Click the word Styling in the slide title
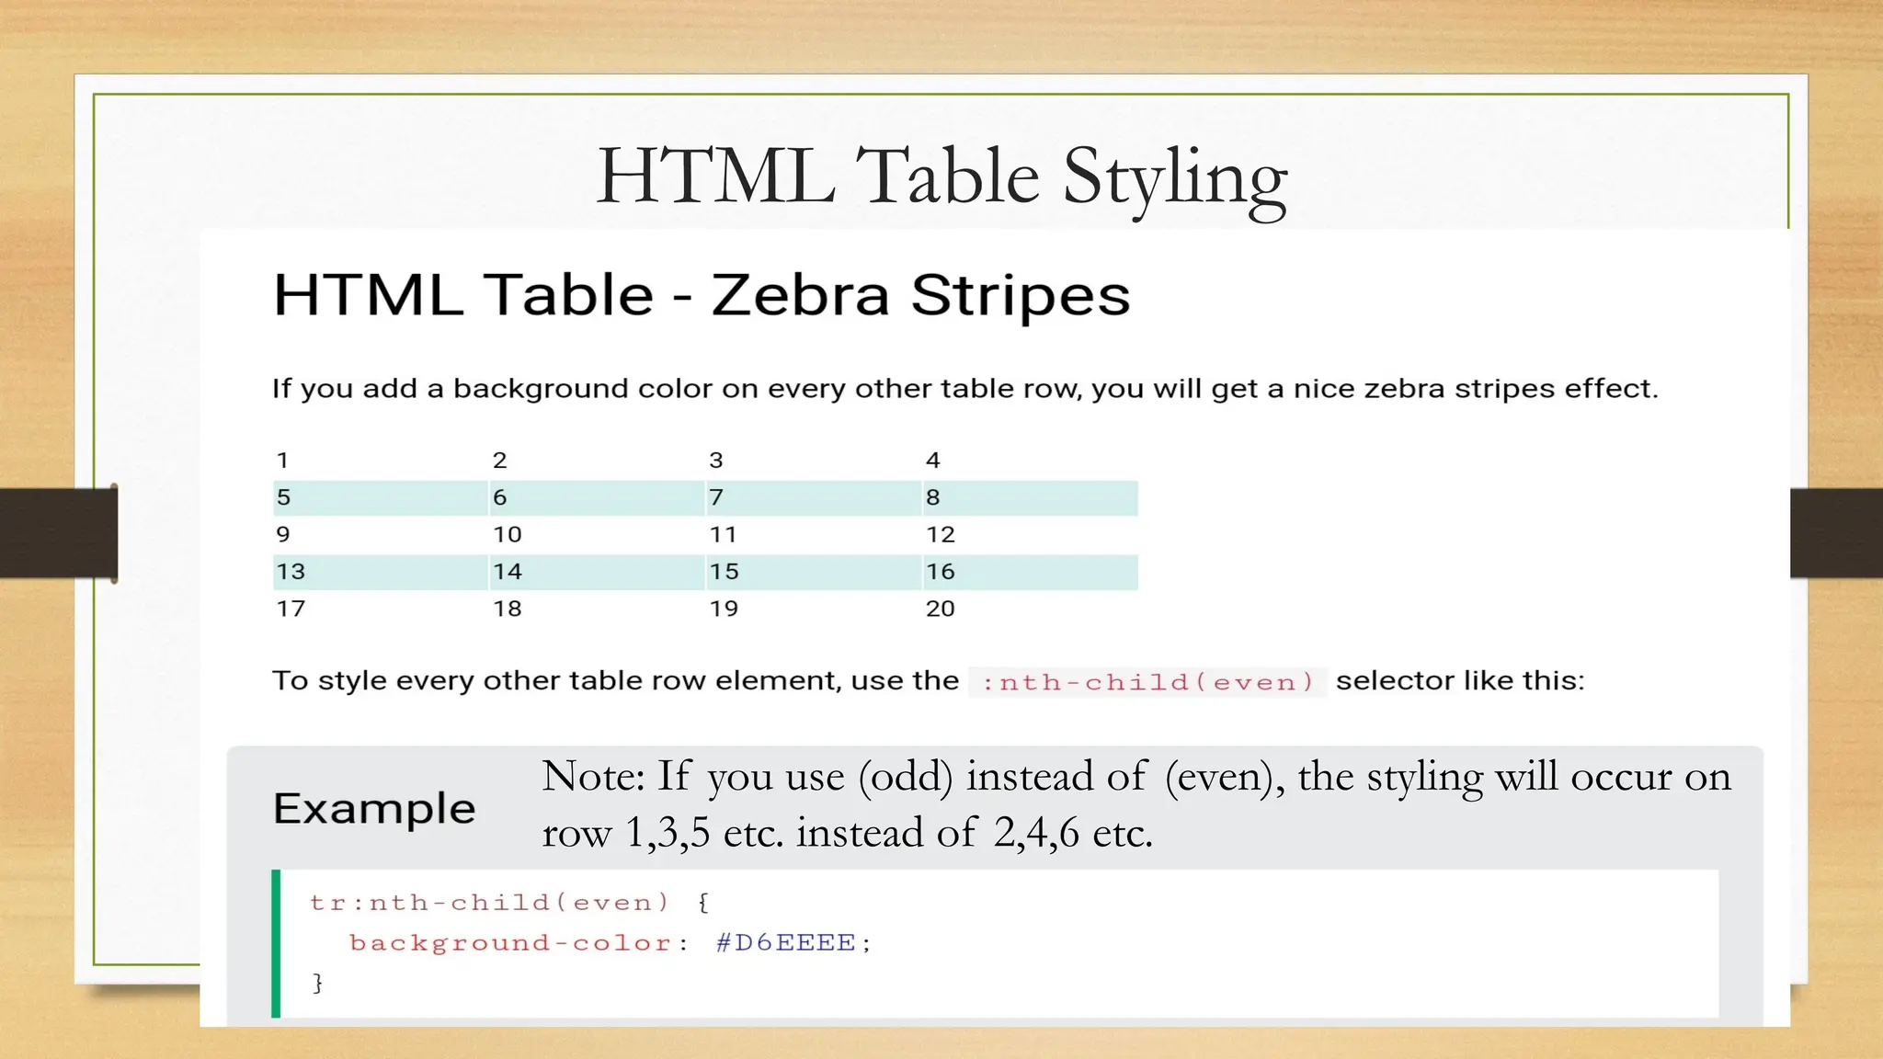[1175, 177]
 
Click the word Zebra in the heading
[800, 296]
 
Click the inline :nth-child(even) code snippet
[1147, 682]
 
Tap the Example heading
[374, 809]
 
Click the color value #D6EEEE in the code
[786, 943]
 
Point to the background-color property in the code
[510, 943]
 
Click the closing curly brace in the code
[318, 983]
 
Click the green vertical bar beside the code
[276, 943]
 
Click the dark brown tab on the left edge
[58, 533]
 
